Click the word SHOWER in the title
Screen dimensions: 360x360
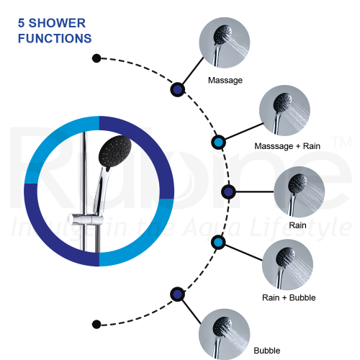click(57, 23)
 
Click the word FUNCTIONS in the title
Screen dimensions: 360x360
click(55, 38)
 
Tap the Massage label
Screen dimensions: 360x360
click(225, 81)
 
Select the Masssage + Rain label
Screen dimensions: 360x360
click(287, 146)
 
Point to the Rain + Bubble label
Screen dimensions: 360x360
click(289, 297)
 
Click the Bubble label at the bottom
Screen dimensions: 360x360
click(267, 351)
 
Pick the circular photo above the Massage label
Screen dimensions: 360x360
click(225, 42)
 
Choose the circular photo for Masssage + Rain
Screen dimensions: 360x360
click(284, 111)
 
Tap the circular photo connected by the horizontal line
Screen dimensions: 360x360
click(300, 192)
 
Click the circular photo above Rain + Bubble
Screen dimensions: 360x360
click(287, 264)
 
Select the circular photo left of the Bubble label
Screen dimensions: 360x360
click(225, 334)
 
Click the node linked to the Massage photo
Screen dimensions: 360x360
click(178, 89)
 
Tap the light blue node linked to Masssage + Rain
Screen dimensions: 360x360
click(218, 143)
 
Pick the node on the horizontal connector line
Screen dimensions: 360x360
click(228, 192)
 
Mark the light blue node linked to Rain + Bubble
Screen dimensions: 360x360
click(218, 243)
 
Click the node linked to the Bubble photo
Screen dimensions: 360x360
click(178, 294)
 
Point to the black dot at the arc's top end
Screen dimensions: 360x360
click(96, 58)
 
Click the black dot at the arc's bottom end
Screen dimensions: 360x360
click(96, 324)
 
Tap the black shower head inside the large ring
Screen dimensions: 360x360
click(115, 151)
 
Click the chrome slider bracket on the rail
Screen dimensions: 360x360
click(86, 219)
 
